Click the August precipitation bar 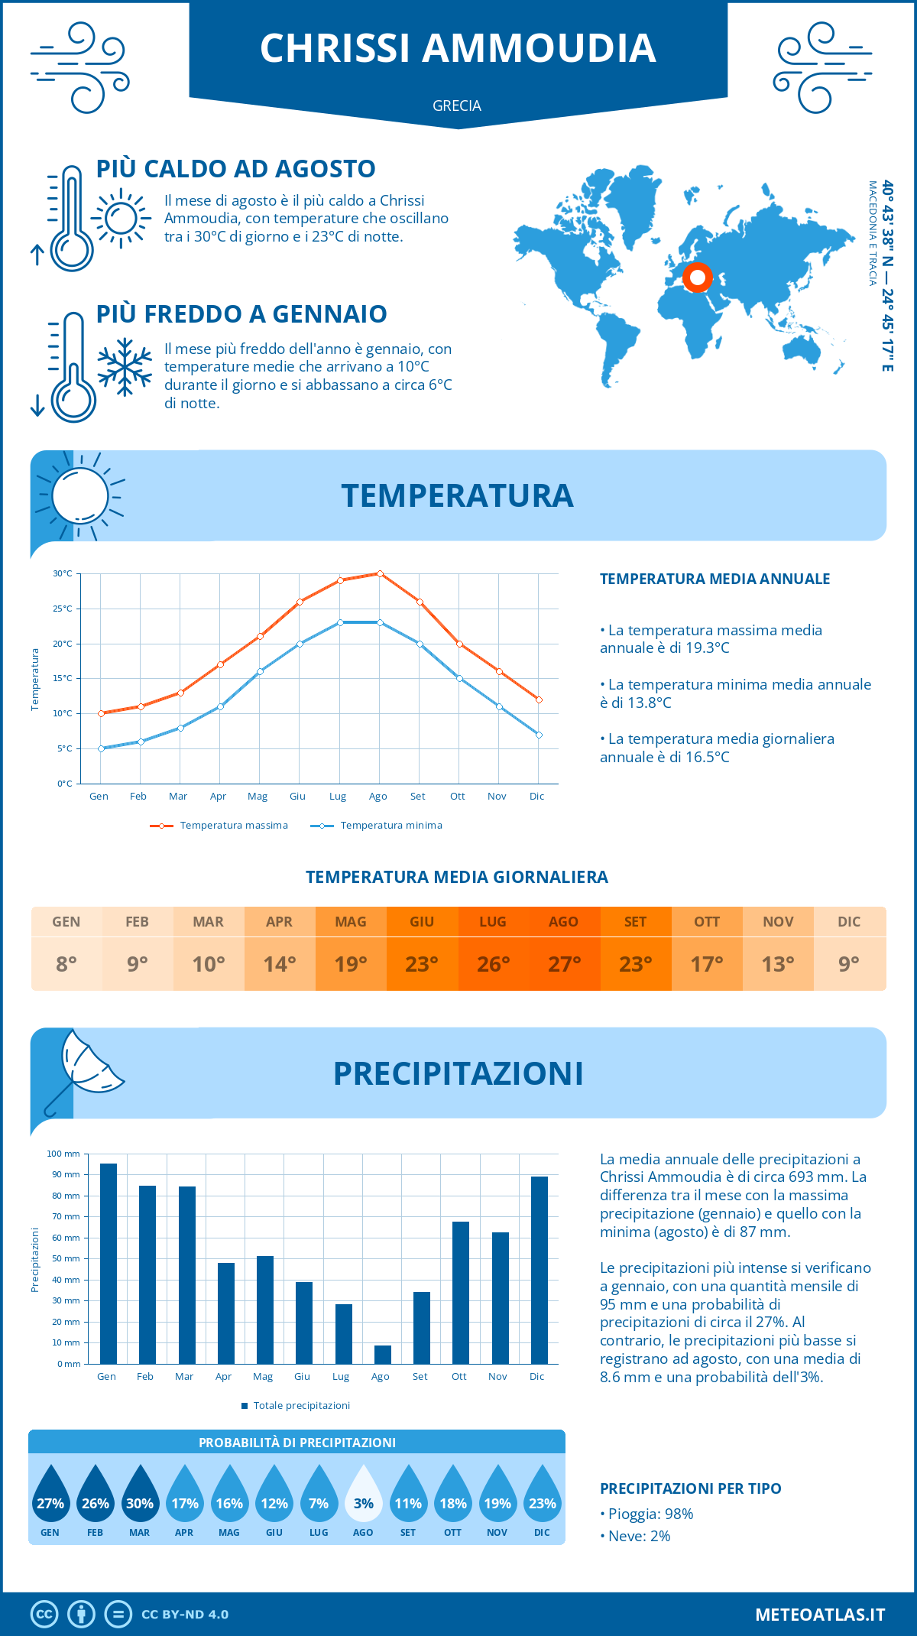pos(383,1355)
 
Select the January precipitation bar pos(109,1263)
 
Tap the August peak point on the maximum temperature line pos(380,573)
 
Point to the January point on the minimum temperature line pos(101,748)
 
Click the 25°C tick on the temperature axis pos(63,609)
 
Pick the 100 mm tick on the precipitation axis pos(63,1154)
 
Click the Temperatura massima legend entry pos(220,826)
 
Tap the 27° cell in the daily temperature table pos(564,964)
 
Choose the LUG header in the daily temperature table pos(493,922)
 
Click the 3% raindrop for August pos(364,1495)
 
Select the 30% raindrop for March pos(140,1495)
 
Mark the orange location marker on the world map pos(697,278)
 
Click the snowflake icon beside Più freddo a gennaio pos(125,367)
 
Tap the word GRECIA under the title pos(457,105)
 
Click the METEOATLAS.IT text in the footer pos(820,1615)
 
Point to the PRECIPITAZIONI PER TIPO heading pos(690,1488)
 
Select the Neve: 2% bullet pos(636,1536)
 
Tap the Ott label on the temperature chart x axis pos(457,797)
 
